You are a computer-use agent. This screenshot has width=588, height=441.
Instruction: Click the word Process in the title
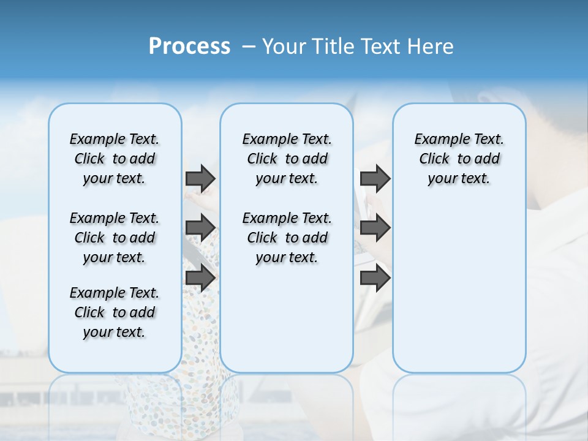point(189,46)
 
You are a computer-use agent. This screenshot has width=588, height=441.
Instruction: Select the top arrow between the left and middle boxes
point(200,178)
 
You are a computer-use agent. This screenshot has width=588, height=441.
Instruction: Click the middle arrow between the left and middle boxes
point(200,228)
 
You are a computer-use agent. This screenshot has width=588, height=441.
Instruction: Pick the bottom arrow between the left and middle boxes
point(200,277)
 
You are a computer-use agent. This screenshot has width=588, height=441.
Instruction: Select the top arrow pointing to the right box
point(375,178)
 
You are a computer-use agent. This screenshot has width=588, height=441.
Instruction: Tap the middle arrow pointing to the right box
point(375,228)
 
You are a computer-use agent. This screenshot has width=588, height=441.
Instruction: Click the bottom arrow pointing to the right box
point(375,277)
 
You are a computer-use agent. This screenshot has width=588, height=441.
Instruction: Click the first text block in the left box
point(115,159)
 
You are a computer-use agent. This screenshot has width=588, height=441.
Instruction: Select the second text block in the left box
point(115,238)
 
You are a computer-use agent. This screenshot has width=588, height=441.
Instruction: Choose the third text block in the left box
point(115,312)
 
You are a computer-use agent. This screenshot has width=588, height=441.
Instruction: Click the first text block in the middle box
point(287,159)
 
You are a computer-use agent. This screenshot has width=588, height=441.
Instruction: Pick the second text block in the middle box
point(287,238)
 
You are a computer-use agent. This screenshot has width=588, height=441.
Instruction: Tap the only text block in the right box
point(459,159)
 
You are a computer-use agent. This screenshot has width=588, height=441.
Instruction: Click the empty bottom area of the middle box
point(287,325)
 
